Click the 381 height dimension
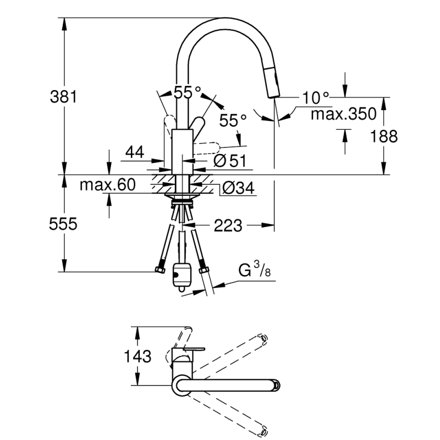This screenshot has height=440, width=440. tap(63, 97)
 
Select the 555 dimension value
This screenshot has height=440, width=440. tap(63, 224)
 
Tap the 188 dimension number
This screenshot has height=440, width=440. tap(383, 136)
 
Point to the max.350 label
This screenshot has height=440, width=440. tap(343, 114)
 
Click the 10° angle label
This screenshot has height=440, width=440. tap(315, 97)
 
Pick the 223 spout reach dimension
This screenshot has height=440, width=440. tap(228, 226)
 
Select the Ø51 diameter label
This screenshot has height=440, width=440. tap(230, 161)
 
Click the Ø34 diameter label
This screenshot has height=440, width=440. tap(238, 188)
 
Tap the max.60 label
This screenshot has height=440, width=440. tap(108, 185)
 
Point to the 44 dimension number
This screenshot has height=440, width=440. tap(135, 152)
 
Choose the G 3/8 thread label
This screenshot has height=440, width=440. tap(255, 269)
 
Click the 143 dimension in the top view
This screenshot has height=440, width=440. tap(137, 356)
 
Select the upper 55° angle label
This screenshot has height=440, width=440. tap(188, 92)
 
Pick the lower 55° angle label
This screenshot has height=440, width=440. tap(233, 120)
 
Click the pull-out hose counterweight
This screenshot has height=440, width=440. tap(182, 277)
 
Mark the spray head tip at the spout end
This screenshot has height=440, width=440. tap(273, 96)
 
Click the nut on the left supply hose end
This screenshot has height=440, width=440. tap(160, 269)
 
